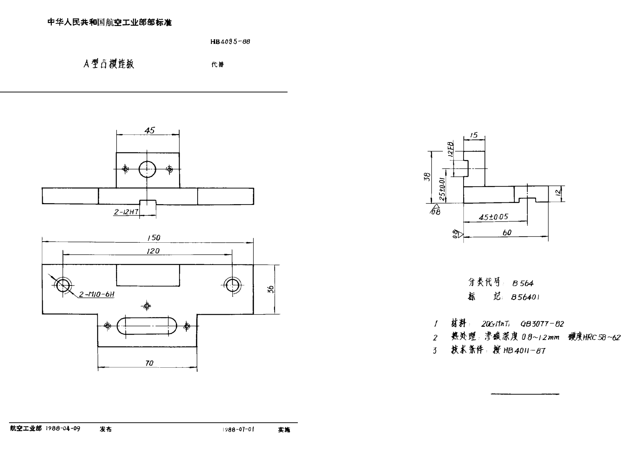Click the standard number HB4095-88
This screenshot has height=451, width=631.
click(x=230, y=42)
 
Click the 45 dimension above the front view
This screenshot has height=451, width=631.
click(x=150, y=130)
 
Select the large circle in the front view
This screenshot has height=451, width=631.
click(x=147, y=169)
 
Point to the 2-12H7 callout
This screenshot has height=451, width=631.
click(x=126, y=212)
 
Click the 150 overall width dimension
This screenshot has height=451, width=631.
click(x=153, y=238)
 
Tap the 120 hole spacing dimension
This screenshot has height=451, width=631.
click(x=153, y=251)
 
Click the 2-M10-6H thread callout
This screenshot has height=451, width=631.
click(x=97, y=294)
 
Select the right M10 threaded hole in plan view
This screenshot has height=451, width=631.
click(x=232, y=285)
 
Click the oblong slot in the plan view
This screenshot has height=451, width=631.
click(x=147, y=326)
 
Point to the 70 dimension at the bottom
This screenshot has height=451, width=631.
click(x=149, y=363)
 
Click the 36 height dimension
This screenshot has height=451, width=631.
click(x=270, y=289)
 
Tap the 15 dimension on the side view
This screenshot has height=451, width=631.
click(x=474, y=135)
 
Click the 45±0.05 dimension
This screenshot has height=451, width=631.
click(x=493, y=217)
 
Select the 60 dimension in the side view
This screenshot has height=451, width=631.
click(x=507, y=233)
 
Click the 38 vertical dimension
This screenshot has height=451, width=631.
click(x=427, y=177)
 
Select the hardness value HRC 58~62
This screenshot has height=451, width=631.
click(x=602, y=338)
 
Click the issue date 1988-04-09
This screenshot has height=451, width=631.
click(x=63, y=429)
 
